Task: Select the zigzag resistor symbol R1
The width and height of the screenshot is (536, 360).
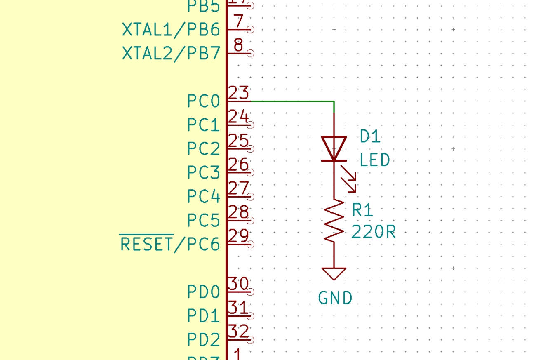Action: [x=334, y=221]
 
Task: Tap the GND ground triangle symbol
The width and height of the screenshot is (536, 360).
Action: [x=334, y=273]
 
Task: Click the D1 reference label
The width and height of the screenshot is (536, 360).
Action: [x=370, y=136]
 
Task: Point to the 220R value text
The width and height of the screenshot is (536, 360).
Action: [x=374, y=233]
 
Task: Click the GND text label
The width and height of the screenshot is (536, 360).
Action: [x=335, y=298]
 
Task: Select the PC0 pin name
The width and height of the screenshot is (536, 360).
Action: [x=204, y=101]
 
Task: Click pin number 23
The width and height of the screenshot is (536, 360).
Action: [x=238, y=93]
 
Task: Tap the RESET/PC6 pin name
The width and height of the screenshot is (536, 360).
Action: [x=170, y=245]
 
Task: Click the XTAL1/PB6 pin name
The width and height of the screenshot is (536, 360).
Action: [x=171, y=30]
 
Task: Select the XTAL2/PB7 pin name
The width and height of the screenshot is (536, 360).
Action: [x=171, y=54]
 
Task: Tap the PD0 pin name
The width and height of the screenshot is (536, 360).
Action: [x=204, y=292]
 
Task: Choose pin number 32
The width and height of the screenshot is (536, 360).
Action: [x=238, y=332]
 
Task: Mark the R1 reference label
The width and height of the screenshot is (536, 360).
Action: [x=362, y=211]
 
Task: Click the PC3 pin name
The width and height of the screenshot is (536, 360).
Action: [x=204, y=173]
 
